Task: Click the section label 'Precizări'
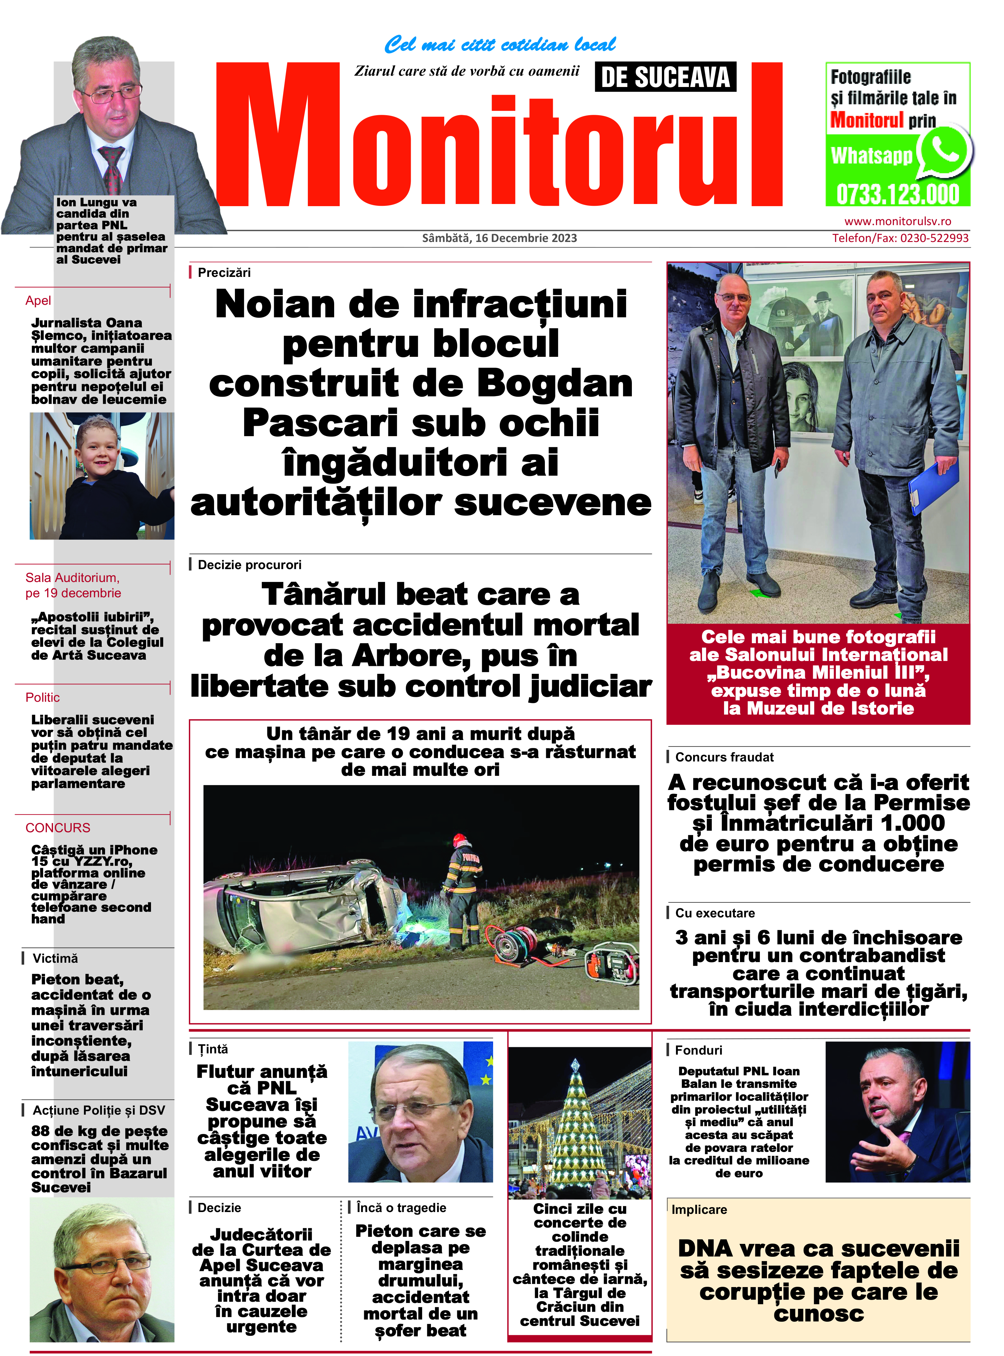pyautogui.click(x=224, y=272)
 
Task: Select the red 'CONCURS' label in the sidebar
pyautogui.click(x=58, y=828)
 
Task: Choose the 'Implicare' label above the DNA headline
pyautogui.click(x=699, y=1210)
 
